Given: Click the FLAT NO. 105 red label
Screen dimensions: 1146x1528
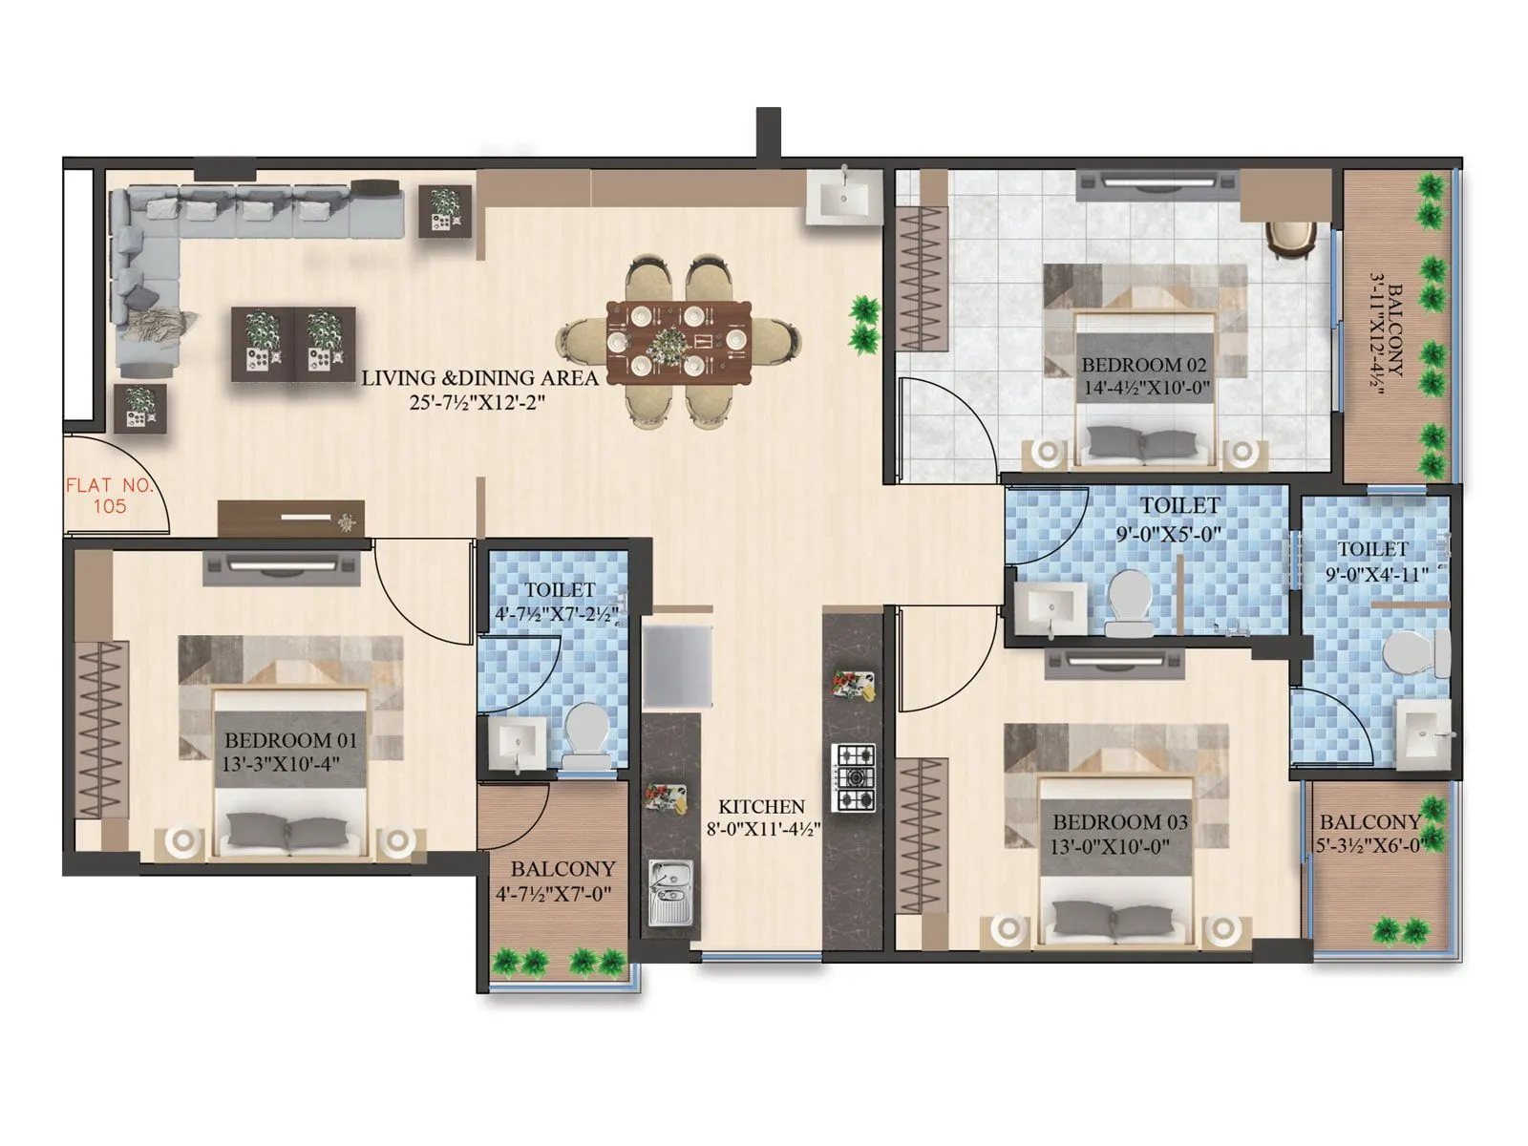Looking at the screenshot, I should coord(108,496).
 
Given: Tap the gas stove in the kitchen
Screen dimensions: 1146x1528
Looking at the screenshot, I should coord(854,777).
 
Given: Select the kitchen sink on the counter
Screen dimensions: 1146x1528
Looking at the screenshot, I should coord(671,892).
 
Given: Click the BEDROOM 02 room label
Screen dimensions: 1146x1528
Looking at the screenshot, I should coord(1143,365).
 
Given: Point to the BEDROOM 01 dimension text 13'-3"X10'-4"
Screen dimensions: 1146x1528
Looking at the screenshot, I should coord(281,764).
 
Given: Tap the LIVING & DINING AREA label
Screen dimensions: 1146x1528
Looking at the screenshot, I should coord(479,378).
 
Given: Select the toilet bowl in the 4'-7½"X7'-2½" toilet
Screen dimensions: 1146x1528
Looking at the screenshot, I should coord(584,734).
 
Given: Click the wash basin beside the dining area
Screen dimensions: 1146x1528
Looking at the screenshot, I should coord(842,198).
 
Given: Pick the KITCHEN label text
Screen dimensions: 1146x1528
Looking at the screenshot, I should coord(761,807).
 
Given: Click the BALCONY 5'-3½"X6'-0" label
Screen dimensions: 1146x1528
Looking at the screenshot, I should coord(1370,822).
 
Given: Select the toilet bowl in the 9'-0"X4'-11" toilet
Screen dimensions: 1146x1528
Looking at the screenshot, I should coord(1416,655).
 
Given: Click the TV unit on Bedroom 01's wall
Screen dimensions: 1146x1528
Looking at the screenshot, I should coord(282,567).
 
